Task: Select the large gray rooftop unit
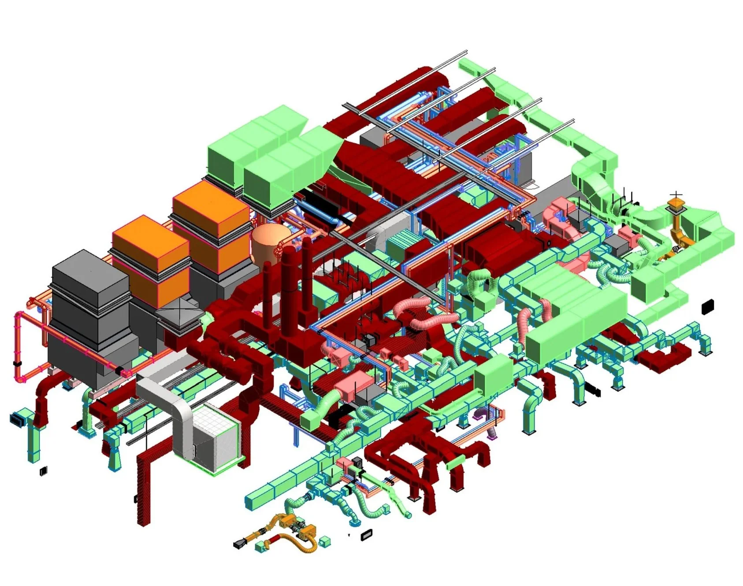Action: pos(90,309)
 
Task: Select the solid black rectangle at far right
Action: pos(707,306)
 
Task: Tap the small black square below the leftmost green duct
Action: pos(43,471)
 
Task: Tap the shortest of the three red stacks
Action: pos(267,287)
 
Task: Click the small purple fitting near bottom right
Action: pos(492,435)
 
